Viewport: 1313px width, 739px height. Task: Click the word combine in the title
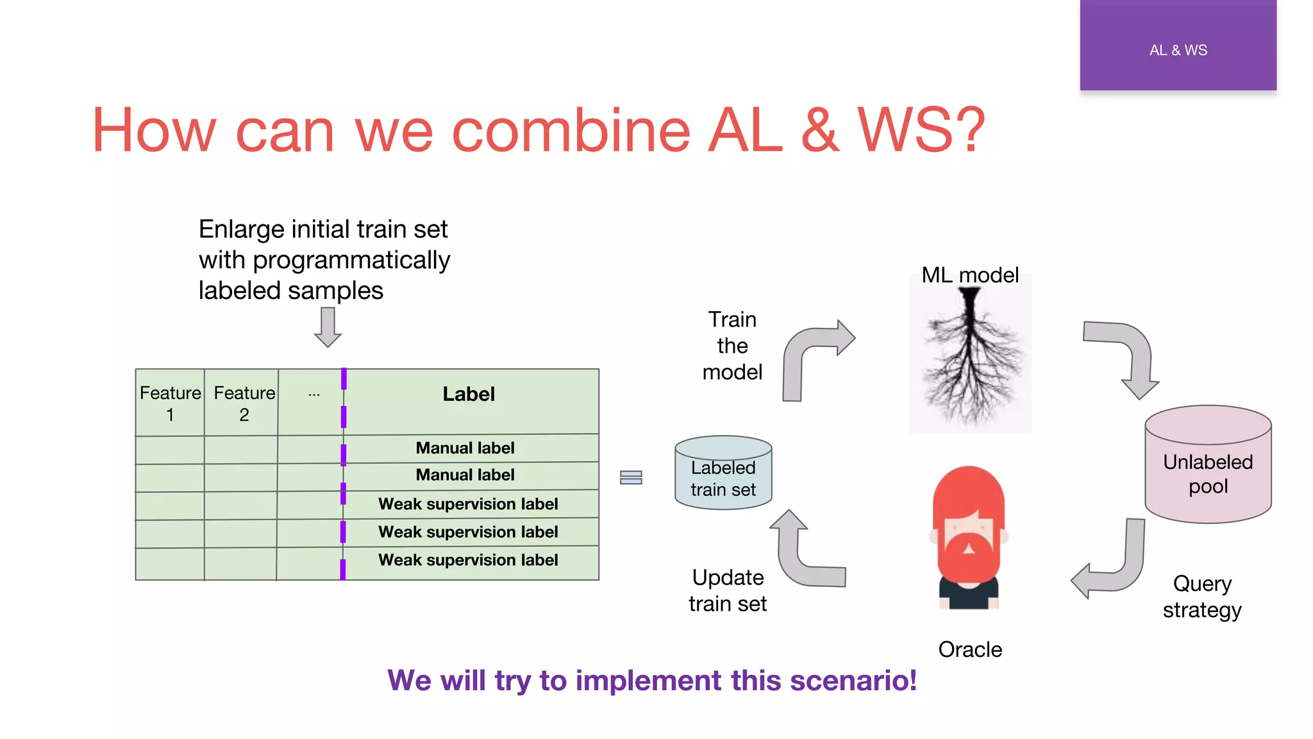pos(571,131)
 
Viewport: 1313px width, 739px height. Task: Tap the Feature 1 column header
pos(170,403)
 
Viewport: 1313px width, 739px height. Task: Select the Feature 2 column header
pos(244,403)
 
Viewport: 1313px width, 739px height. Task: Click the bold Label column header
pos(469,394)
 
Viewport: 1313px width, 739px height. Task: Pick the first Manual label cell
pos(465,448)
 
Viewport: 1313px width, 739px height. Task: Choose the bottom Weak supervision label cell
pos(468,560)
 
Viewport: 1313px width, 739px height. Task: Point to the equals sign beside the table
pos(631,477)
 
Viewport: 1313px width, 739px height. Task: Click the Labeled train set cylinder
pos(723,475)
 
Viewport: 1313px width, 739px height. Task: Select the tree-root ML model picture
pos(970,356)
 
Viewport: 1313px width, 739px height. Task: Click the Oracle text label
pos(969,649)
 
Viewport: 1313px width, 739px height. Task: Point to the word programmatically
pos(351,260)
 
